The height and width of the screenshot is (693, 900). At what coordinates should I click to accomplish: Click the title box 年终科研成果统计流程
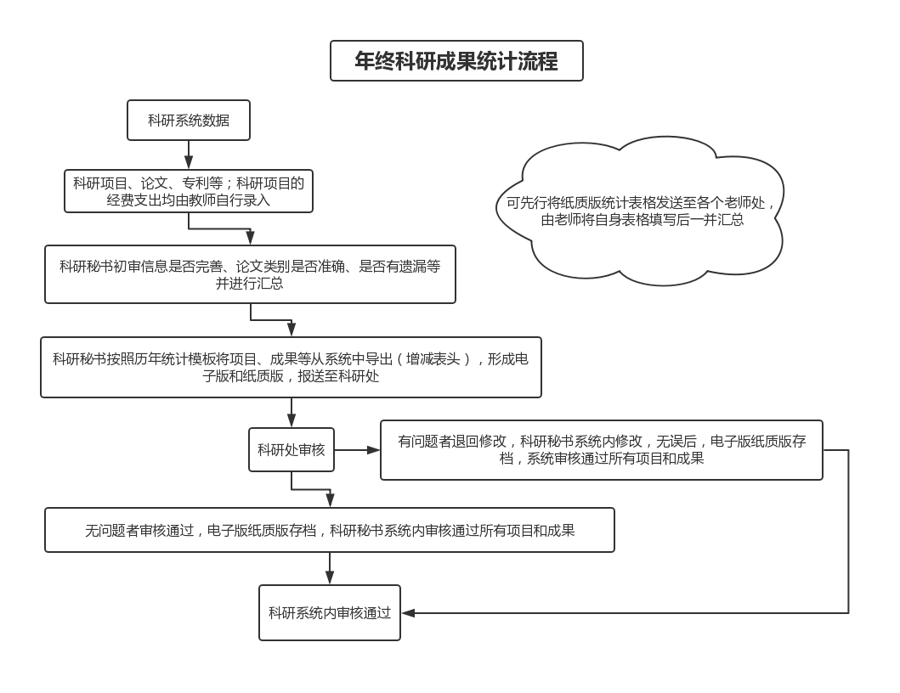pyautogui.click(x=456, y=61)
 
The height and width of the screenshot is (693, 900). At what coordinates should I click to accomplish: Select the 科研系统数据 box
pyautogui.click(x=189, y=120)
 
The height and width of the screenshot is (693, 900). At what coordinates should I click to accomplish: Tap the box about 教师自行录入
pyautogui.click(x=189, y=191)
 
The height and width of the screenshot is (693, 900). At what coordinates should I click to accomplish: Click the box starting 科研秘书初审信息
pyautogui.click(x=250, y=274)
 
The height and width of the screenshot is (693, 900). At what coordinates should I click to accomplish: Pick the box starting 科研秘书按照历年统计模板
pyautogui.click(x=291, y=367)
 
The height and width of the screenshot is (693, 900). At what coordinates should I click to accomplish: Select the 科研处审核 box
pyautogui.click(x=292, y=450)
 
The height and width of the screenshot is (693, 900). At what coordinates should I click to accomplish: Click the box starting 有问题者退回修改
pyautogui.click(x=602, y=450)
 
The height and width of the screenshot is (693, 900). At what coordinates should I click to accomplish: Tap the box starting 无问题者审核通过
pyautogui.click(x=330, y=530)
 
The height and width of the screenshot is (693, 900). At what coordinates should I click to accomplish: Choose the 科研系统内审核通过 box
pyautogui.click(x=330, y=612)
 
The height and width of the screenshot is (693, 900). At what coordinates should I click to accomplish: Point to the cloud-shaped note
pyautogui.click(x=640, y=211)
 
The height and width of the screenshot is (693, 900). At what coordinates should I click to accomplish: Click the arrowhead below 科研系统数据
pyautogui.click(x=189, y=161)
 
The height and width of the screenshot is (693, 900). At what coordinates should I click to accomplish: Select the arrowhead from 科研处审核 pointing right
pyautogui.click(x=373, y=450)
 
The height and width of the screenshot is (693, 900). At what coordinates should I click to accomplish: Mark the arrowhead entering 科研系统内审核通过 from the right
pyautogui.click(x=408, y=612)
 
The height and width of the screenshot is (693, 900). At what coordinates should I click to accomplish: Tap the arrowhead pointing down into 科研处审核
pyautogui.click(x=292, y=420)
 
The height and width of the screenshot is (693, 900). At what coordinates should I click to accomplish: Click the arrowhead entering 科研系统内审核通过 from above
pyautogui.click(x=330, y=577)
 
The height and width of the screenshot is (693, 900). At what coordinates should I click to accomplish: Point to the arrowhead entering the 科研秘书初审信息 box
pyautogui.click(x=250, y=238)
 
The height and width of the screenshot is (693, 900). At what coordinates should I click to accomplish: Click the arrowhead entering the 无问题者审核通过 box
pyautogui.click(x=330, y=500)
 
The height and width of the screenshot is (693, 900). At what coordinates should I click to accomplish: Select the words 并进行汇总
pyautogui.click(x=250, y=284)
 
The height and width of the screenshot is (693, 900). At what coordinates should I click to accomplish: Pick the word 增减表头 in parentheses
pyautogui.click(x=433, y=359)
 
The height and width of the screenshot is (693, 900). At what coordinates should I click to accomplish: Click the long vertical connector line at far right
pyautogui.click(x=848, y=532)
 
